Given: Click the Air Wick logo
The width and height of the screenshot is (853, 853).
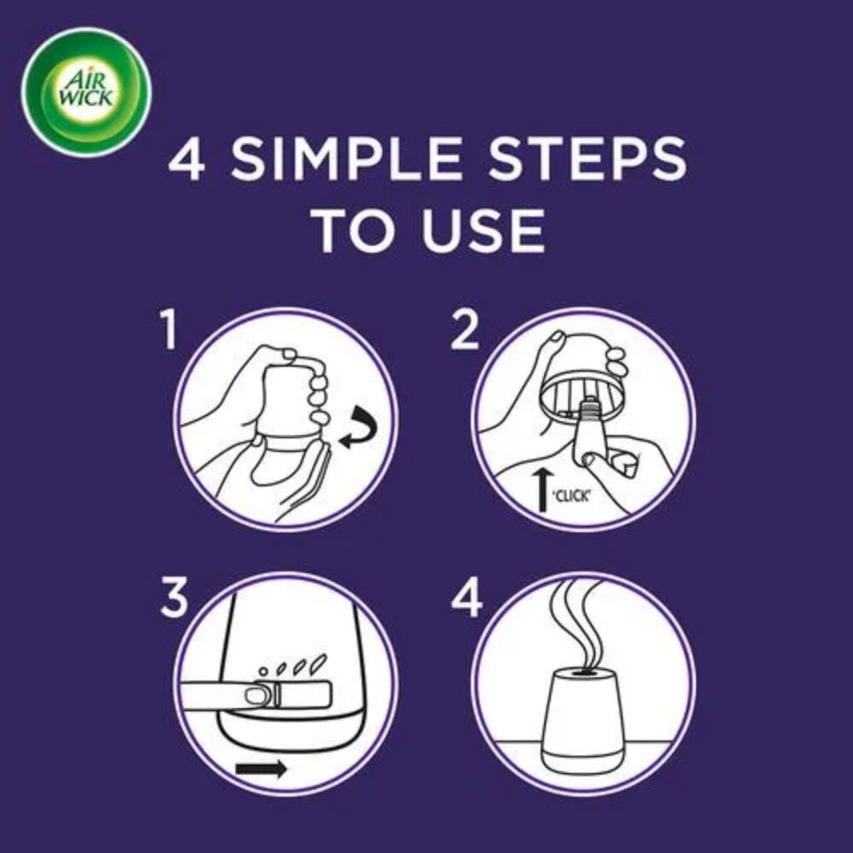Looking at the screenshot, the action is [x=86, y=92].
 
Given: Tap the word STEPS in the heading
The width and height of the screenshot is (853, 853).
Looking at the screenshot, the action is [x=587, y=159].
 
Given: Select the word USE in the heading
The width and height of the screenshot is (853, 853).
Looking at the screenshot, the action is [x=482, y=229].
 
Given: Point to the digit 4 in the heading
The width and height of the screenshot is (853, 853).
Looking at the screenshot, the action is [x=187, y=159].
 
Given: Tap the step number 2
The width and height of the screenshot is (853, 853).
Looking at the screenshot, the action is [x=465, y=329].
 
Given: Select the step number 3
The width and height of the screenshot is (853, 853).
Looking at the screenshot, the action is [x=175, y=597].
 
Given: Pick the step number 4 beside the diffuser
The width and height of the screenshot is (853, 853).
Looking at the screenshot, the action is [x=467, y=597].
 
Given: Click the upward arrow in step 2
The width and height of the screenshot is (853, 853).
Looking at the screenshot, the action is [x=543, y=490].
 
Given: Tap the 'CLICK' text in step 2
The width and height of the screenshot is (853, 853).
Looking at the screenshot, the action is [x=572, y=496].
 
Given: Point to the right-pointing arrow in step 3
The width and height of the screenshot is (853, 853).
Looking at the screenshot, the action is [x=261, y=769].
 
